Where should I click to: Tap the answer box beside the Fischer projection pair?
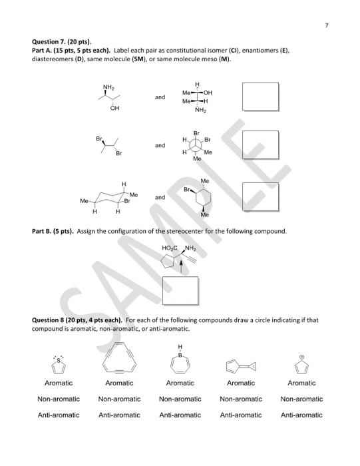coord(260,97)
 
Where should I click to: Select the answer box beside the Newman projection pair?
coord(260,144)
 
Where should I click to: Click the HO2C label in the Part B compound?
coord(170,248)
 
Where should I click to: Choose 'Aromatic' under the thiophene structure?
coord(59,383)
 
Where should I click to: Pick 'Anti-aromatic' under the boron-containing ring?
coord(180,415)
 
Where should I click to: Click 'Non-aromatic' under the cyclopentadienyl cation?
coord(301,399)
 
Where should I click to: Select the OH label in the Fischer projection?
coord(214,93)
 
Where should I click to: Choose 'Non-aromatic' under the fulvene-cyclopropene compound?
coord(241,399)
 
